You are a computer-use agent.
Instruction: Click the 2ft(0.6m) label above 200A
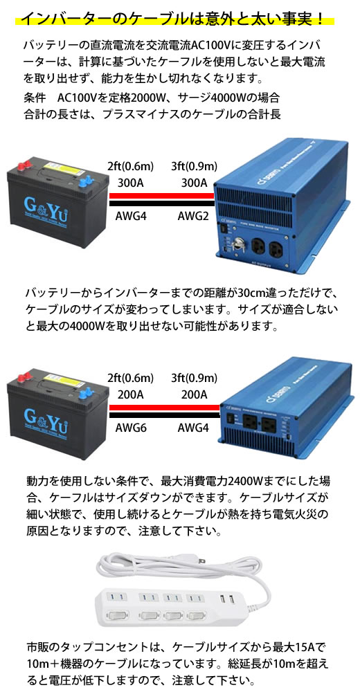click(x=130, y=378)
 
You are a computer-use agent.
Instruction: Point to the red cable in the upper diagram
click(x=162, y=196)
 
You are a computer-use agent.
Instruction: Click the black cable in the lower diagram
click(x=164, y=415)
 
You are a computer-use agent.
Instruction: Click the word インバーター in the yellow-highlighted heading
click(x=66, y=19)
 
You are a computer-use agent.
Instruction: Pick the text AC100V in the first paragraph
click(x=209, y=45)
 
